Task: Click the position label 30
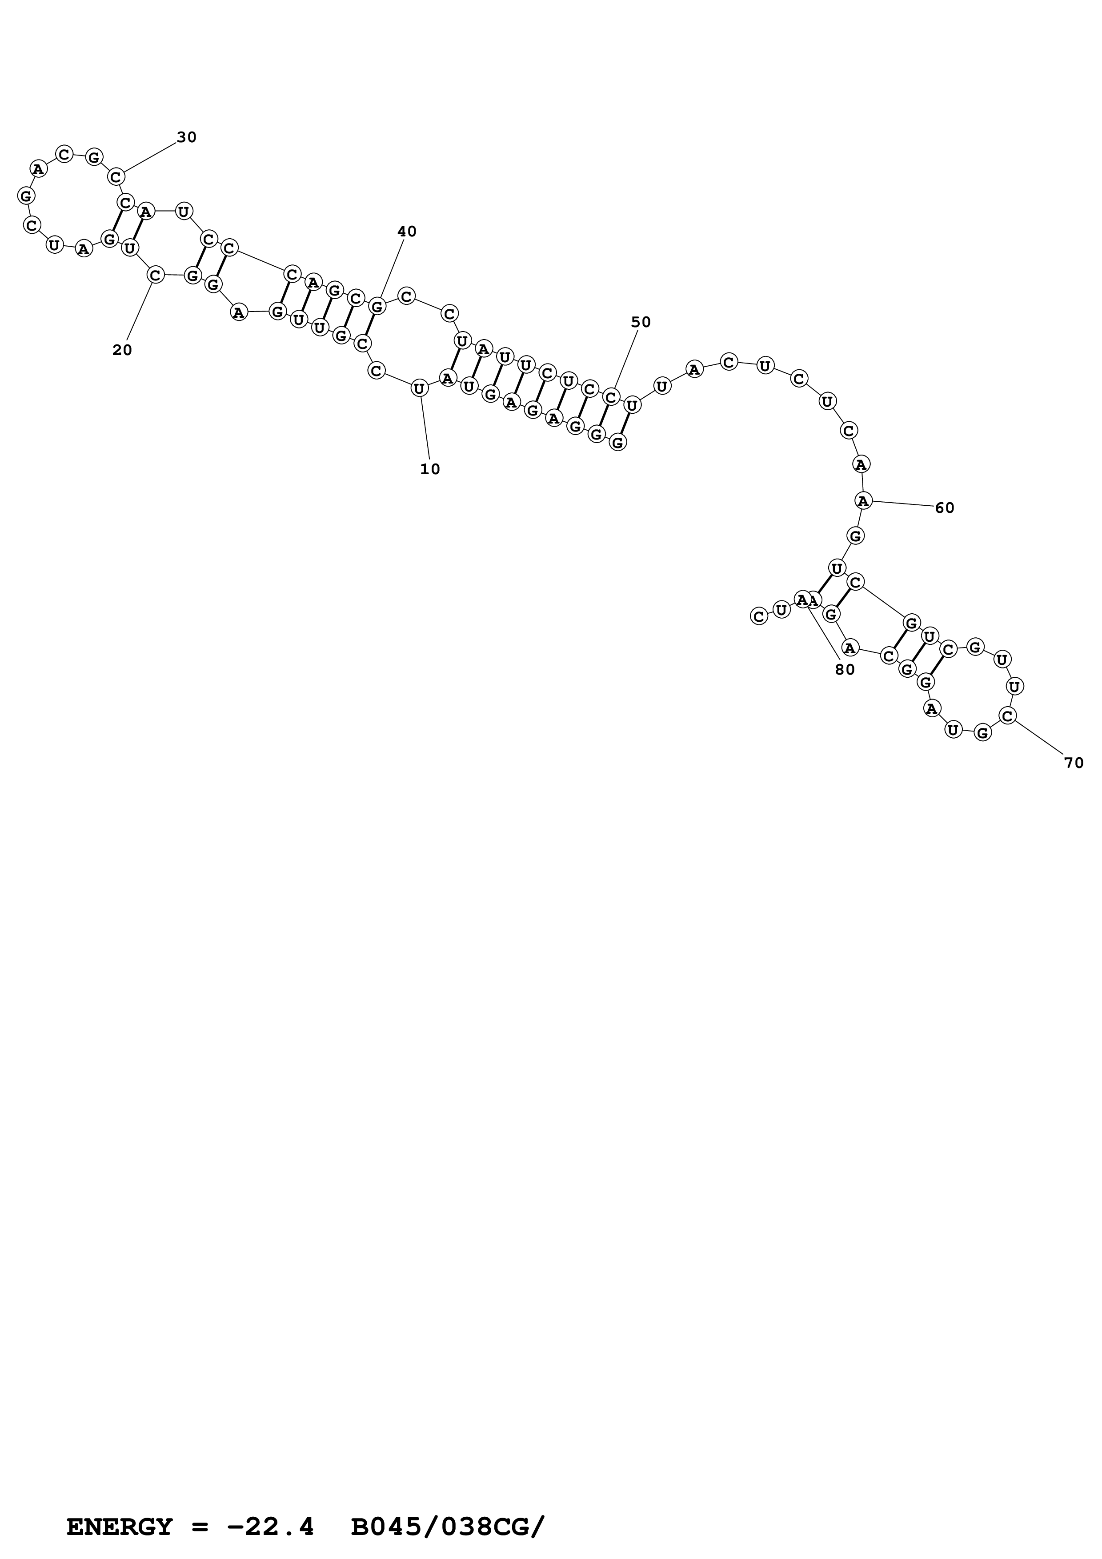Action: pos(187,137)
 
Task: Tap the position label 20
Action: pos(122,350)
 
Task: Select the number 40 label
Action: pos(407,232)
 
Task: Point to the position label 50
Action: pos(641,322)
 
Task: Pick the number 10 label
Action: pos(430,468)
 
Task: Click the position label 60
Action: pos(945,508)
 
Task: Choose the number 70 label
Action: pos(1074,763)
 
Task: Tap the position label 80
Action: pos(846,669)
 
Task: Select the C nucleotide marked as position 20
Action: pos(156,275)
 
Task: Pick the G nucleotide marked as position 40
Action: pos(377,306)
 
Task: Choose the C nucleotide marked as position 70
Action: pos(1008,715)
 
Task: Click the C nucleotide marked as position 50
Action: pos(611,397)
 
